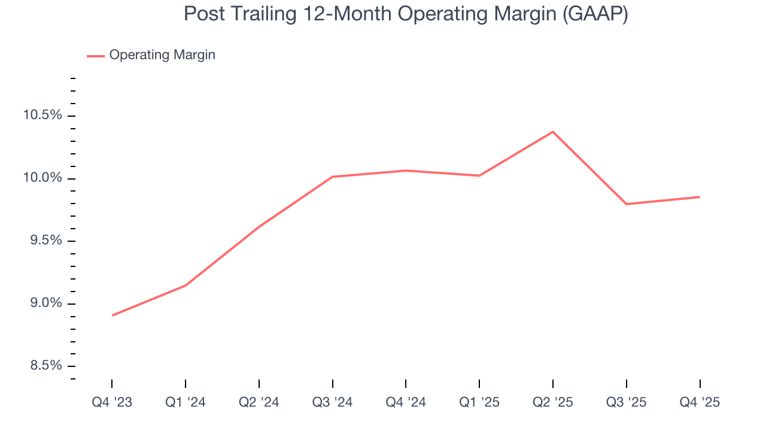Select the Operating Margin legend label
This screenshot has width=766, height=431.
[162, 55]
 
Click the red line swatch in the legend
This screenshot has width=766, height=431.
[96, 56]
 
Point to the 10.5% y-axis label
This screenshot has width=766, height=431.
[42, 115]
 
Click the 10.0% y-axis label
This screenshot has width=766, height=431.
[42, 178]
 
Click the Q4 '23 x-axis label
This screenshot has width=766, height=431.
[112, 402]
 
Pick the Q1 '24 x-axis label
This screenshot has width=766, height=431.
[186, 402]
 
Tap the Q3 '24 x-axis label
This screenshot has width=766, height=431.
[332, 402]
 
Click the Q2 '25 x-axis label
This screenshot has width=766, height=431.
[552, 402]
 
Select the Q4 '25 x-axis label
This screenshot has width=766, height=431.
[700, 402]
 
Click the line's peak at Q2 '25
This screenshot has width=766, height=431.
[552, 132]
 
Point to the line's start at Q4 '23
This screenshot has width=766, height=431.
[112, 315]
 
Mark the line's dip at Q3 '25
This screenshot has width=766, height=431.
[626, 204]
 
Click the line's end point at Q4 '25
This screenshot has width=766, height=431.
[700, 197]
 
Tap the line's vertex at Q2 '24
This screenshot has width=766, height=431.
[259, 226]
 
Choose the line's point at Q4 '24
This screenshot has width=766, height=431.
[406, 171]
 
